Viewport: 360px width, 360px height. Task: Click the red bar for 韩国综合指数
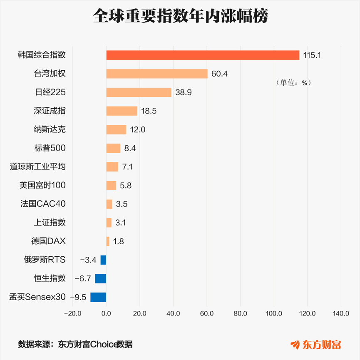[203, 55]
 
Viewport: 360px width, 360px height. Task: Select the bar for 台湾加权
[157, 74]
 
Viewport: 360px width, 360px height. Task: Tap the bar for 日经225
[139, 92]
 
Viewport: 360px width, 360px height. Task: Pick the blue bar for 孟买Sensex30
[98, 297]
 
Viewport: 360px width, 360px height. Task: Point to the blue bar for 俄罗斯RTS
[103, 260]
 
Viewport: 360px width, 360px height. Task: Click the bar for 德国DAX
[108, 241]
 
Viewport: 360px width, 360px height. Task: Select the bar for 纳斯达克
[116, 129]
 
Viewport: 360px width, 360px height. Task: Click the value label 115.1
[312, 55]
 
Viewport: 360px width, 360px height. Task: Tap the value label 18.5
[149, 111]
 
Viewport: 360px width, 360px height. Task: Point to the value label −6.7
[83, 279]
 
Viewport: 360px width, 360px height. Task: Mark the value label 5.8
[126, 186]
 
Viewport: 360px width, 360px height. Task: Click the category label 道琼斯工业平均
[37, 166]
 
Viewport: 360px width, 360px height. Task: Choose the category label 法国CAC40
[43, 204]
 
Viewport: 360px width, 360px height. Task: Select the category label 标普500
[50, 148]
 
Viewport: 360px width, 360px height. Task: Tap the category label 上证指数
[50, 222]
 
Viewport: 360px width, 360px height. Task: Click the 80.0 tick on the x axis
[241, 313]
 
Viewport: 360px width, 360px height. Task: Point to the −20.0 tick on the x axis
[73, 313]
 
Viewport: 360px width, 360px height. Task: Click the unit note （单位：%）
[293, 83]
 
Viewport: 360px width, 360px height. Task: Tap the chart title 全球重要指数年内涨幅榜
[181, 16]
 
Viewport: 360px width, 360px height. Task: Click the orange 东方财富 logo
[316, 345]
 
